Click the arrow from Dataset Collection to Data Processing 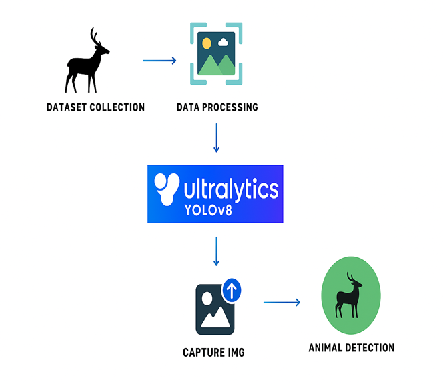159,61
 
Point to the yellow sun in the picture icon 207,43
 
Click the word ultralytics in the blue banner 230,190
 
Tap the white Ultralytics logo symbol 166,189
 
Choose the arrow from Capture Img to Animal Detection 282,303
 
